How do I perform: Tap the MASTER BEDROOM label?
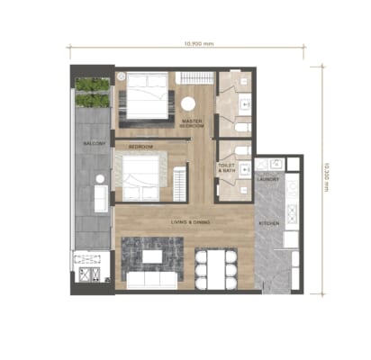tap(191, 122)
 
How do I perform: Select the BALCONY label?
tap(95, 143)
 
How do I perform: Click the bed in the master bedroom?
tap(146, 97)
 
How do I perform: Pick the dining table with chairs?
tap(215, 266)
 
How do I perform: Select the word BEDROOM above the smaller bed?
tap(140, 147)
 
